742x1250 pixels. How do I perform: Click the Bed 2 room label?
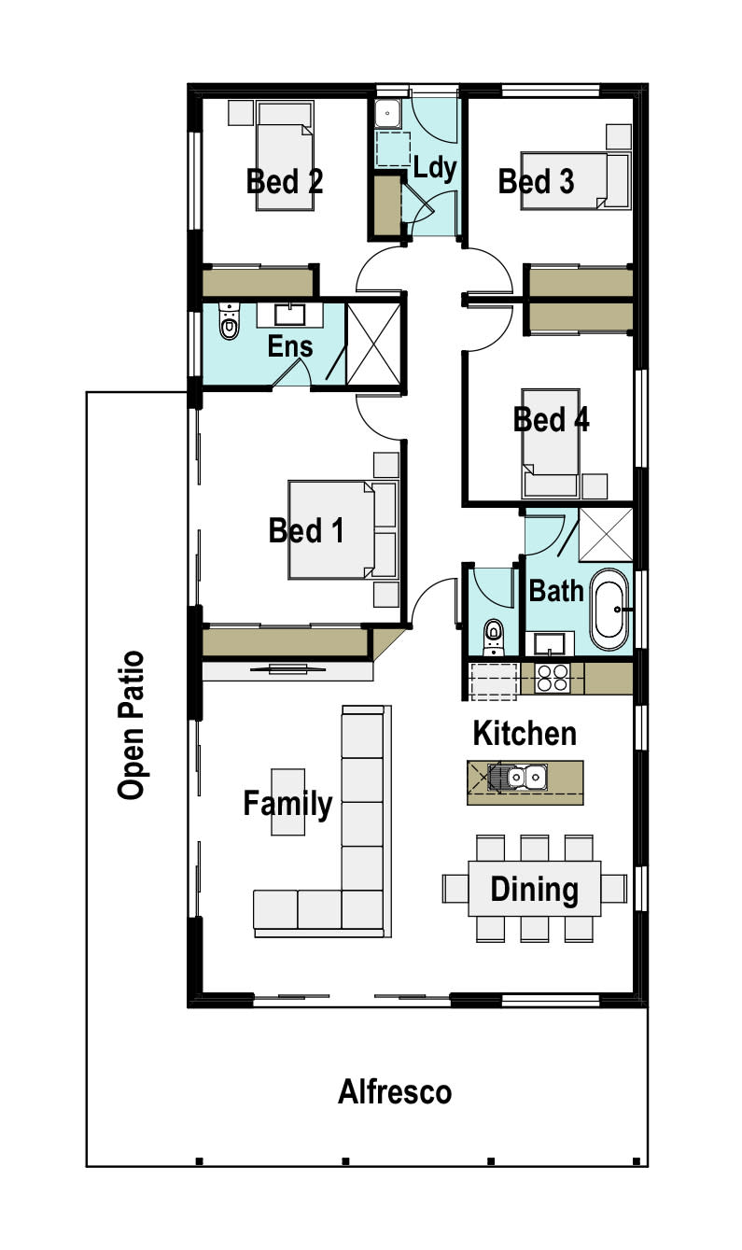[x=285, y=181]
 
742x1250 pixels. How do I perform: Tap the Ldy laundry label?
[x=435, y=168]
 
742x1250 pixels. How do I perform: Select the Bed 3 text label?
[x=536, y=181]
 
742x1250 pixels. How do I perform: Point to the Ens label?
[x=290, y=346]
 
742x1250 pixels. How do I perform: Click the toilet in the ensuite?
[x=229, y=322]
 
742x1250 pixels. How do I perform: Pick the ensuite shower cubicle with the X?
[x=373, y=344]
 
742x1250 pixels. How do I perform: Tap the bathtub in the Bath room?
[x=609, y=610]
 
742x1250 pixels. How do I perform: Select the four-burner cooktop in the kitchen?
[x=552, y=678]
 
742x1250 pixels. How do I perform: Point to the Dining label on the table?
[x=534, y=890]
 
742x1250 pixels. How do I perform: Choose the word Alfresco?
[x=395, y=1092]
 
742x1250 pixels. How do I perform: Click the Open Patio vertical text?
[x=131, y=725]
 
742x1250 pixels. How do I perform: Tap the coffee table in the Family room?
[x=287, y=802]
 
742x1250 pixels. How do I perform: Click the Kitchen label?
[x=525, y=733]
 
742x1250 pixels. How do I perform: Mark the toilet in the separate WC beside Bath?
[x=493, y=638]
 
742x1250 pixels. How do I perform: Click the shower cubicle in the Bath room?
[x=606, y=535]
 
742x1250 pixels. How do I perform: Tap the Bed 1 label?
[x=306, y=530]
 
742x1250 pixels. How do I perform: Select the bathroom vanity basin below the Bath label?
[x=550, y=643]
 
